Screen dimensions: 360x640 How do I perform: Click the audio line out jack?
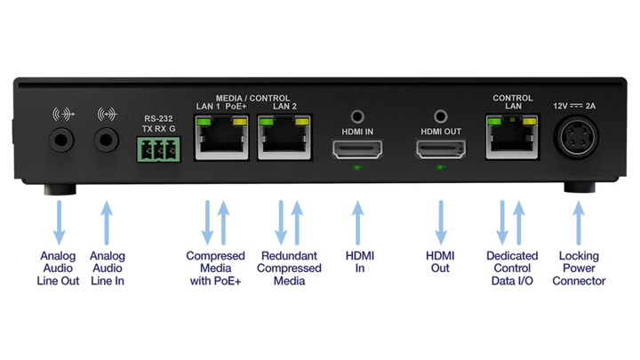coord(61,138)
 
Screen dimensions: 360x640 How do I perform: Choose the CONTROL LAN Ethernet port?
coord(511,138)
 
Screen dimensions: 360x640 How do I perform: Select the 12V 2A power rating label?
coord(576,106)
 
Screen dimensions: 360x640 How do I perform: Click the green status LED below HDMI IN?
coord(356,167)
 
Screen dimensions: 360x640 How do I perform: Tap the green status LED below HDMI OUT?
coord(441,167)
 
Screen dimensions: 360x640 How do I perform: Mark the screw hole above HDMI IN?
coord(356,116)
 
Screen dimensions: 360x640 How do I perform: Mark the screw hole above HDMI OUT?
coord(441,116)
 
